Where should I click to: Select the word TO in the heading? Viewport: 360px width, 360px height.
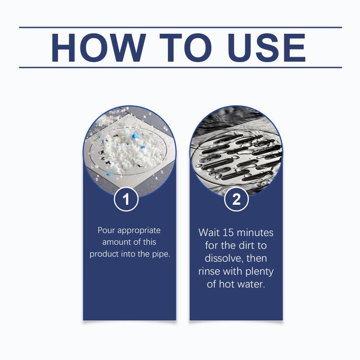tap(185, 48)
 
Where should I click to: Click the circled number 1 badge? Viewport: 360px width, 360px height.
tap(126, 199)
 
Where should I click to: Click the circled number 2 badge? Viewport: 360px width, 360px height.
tap(236, 199)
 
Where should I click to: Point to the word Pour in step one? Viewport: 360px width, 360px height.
tap(106, 230)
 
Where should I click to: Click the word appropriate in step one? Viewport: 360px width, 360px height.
tap(139, 231)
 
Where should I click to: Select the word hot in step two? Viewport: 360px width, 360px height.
tap(227, 284)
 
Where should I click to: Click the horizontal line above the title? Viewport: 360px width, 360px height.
tap(180, 27)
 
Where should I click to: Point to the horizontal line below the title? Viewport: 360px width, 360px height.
tap(180, 67)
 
